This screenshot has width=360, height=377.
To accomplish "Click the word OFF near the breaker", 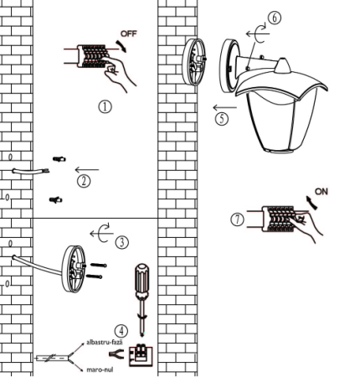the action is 129,34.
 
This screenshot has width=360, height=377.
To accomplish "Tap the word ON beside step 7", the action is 321,192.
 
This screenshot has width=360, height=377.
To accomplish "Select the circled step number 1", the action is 105,107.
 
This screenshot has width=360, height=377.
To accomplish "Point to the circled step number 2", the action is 84,181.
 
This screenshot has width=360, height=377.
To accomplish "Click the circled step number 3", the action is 122,242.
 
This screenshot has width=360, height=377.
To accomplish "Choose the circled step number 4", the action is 121,332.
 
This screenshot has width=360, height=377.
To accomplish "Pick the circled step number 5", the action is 222,119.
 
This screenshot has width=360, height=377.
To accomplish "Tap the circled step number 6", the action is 275,18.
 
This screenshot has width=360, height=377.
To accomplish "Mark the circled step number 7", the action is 237,219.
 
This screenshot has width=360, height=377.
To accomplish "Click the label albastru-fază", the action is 105,343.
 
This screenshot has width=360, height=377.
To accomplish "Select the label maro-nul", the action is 100,369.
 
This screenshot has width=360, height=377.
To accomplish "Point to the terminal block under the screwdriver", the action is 141,355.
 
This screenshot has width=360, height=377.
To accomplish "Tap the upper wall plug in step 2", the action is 59,159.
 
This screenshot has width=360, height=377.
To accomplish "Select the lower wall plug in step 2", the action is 56,200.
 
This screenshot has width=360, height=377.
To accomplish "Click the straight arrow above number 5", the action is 225,107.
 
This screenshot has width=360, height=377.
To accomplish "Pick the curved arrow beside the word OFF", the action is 121,46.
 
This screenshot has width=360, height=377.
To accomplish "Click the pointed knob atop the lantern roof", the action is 282,66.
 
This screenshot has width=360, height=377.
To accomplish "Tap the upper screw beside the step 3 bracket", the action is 99,266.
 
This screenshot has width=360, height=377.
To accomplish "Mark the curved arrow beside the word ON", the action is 312,203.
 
